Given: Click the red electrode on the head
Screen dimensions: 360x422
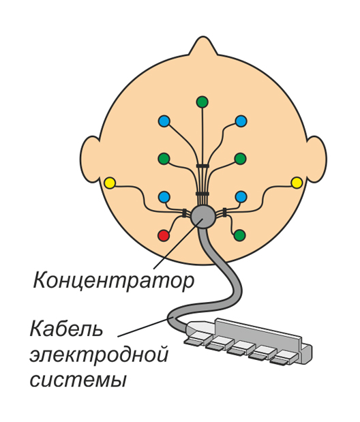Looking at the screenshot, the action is point(164,236).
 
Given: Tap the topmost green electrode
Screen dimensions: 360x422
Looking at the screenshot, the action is point(202,102).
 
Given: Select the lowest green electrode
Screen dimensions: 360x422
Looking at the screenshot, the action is point(239,235).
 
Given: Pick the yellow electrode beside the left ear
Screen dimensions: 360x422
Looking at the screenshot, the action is point(110,183).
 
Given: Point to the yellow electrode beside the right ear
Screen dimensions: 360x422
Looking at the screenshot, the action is point(297,183).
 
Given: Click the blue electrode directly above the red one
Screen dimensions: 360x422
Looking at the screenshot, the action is point(164,197).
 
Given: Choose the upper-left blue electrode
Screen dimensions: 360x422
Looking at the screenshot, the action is point(164,121).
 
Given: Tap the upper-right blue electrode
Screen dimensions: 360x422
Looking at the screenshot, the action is point(241,121).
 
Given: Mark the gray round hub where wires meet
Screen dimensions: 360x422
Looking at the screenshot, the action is point(202,217).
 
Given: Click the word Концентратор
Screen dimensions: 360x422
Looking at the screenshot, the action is point(114,281).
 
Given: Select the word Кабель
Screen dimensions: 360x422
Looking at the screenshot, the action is point(66,329).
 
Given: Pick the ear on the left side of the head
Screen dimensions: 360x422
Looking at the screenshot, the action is point(90,159).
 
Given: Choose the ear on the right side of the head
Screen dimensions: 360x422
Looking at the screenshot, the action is point(316,159).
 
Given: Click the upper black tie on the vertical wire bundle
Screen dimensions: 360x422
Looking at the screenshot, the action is point(202,166).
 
